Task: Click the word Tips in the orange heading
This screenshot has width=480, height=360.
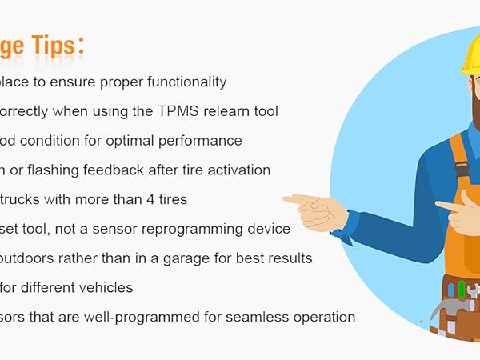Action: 60,47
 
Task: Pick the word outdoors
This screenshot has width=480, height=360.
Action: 28,258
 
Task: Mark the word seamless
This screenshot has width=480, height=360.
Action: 261,317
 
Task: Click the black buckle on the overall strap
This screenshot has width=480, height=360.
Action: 461,169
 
